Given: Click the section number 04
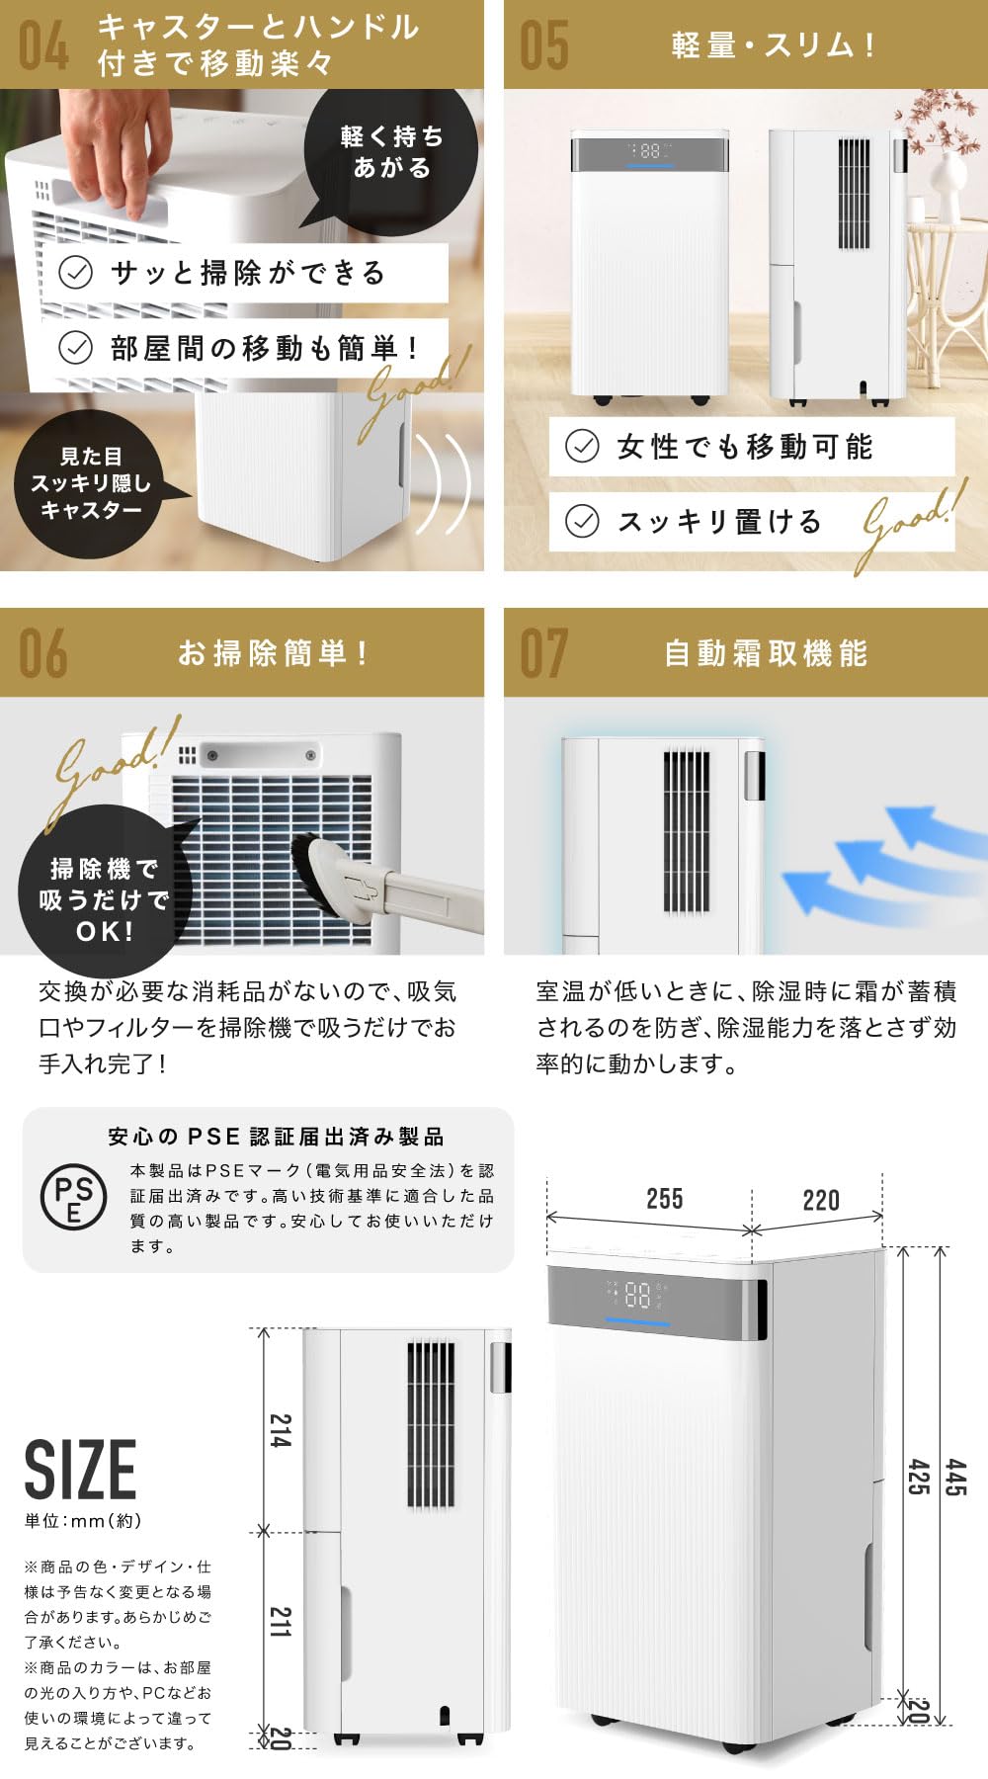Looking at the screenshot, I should click(44, 45).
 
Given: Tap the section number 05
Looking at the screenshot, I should click(544, 45).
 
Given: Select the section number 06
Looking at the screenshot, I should click(44, 653).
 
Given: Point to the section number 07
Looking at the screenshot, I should click(544, 653).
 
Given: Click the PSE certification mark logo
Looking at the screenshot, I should click(73, 1197).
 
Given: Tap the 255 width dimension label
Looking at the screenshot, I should click(664, 1199).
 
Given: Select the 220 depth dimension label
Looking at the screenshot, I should click(821, 1200).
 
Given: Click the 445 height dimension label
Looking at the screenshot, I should click(955, 1478).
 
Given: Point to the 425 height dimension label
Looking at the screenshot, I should click(918, 1478).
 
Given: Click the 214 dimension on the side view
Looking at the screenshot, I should click(281, 1431).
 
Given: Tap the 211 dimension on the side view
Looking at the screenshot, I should click(281, 1622).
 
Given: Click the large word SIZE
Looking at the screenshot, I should click(80, 1470).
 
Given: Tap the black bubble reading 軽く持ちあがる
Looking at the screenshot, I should click(392, 151).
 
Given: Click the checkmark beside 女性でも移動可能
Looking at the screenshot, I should click(582, 446).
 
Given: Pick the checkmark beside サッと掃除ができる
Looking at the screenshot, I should click(76, 272).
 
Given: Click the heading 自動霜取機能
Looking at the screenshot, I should click(766, 653).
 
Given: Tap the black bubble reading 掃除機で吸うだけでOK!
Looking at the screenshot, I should click(103, 899).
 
